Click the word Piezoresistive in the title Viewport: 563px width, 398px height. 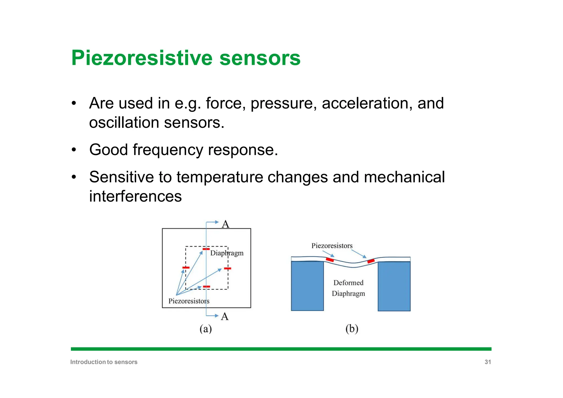coord(142,58)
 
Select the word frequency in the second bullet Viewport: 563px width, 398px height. coord(168,150)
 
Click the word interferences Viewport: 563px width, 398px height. coord(135,196)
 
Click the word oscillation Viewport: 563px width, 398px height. coord(124,123)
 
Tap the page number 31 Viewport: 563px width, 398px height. coord(487,362)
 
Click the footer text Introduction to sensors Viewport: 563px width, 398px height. coord(104,362)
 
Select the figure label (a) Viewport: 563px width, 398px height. coord(205,329)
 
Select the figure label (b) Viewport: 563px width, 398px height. coord(352,329)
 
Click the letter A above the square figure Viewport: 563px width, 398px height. coord(225,224)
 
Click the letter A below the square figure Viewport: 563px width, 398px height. coord(225,317)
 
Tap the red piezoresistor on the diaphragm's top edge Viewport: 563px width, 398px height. coord(206,249)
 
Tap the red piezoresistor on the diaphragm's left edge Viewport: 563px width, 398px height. coord(186,268)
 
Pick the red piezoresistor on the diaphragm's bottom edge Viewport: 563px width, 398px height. coord(206,287)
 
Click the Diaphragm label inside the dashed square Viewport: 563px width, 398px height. coord(227,253)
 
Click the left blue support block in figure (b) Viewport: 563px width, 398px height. coord(307,286)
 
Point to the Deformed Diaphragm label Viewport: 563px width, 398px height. coord(348,288)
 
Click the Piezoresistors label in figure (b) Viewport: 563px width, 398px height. coord(332,246)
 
